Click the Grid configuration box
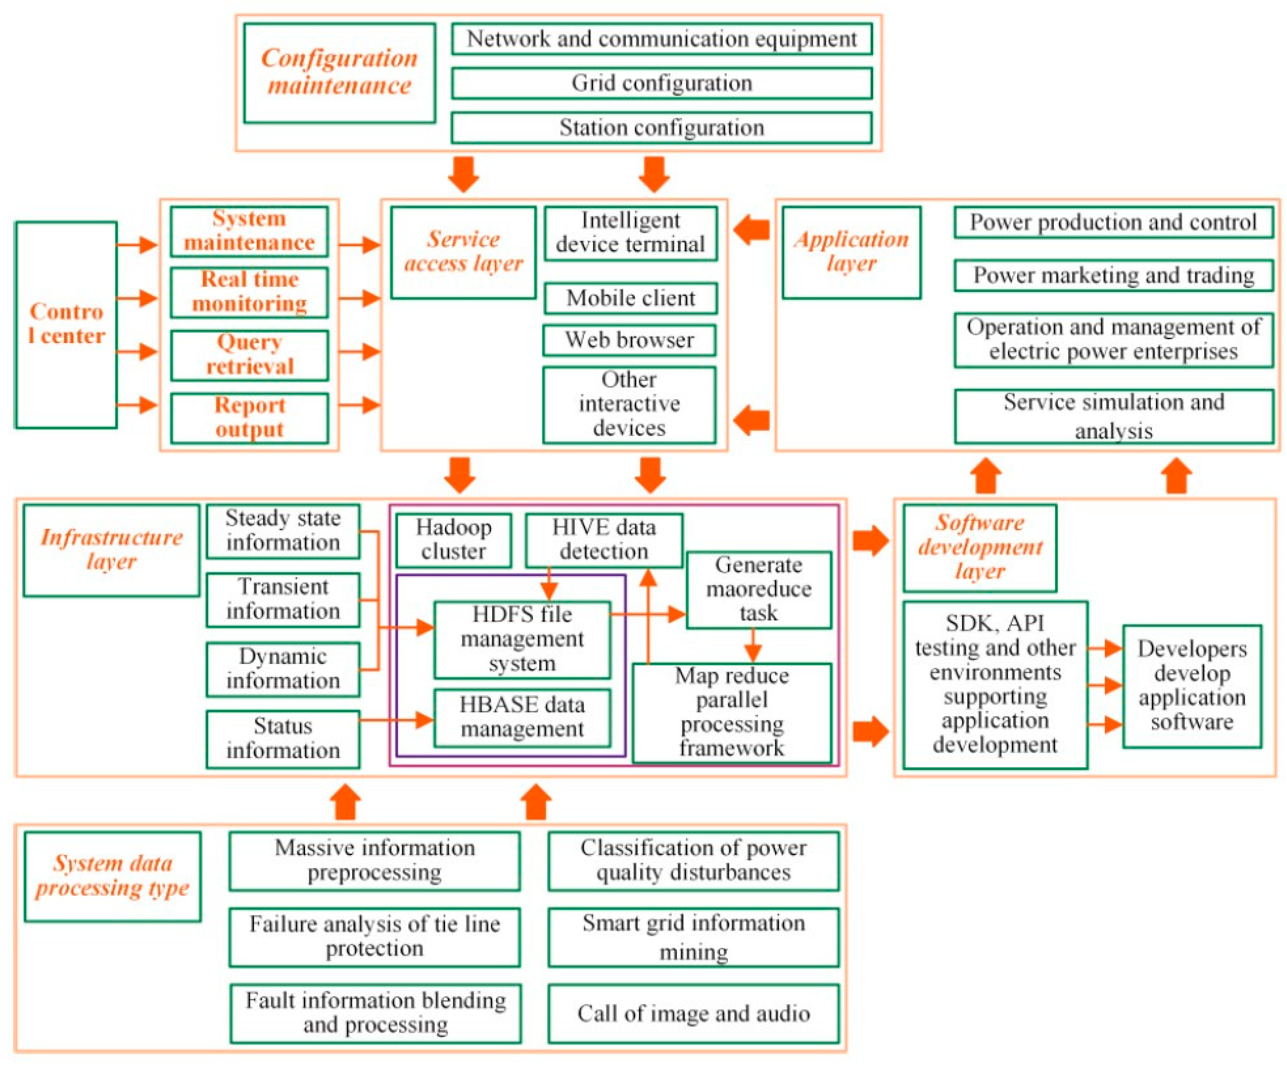point(661,83)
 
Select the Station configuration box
point(661,128)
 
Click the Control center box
point(66,325)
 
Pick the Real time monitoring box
point(249,292)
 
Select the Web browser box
point(630,340)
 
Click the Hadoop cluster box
point(454,540)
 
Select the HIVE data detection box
point(604,540)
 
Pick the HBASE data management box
point(522,717)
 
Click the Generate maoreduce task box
point(759,589)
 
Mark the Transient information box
point(283,599)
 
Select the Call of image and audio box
point(693,1014)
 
